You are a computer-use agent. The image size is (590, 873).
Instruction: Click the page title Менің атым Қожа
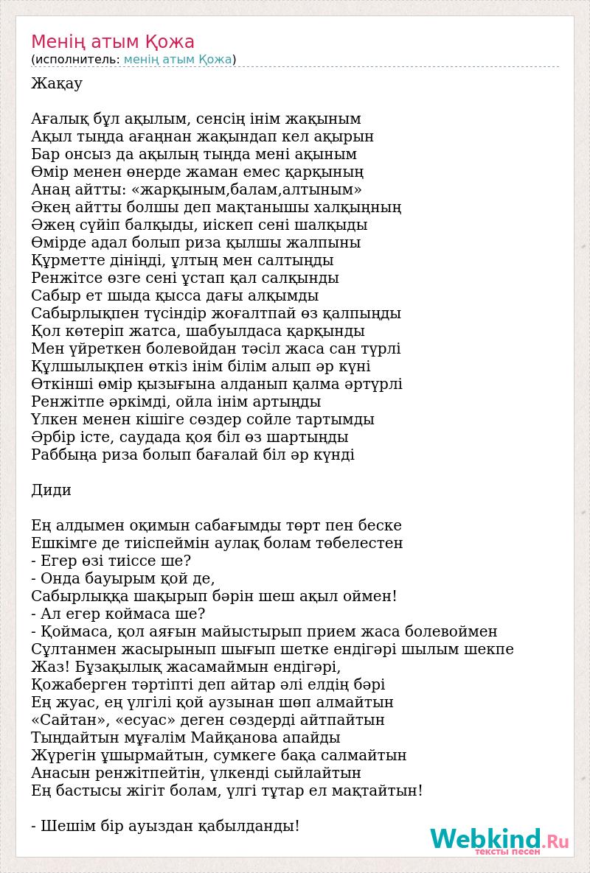click(x=113, y=42)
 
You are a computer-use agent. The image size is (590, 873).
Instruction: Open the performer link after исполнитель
click(x=178, y=60)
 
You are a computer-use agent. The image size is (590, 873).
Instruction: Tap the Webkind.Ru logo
click(x=499, y=841)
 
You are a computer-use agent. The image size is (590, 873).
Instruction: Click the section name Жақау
click(x=57, y=84)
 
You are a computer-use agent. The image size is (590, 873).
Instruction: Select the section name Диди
click(x=52, y=491)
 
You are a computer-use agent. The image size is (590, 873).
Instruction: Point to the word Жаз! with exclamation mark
click(x=50, y=667)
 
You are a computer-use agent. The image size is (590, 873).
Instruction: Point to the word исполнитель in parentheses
click(x=75, y=60)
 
